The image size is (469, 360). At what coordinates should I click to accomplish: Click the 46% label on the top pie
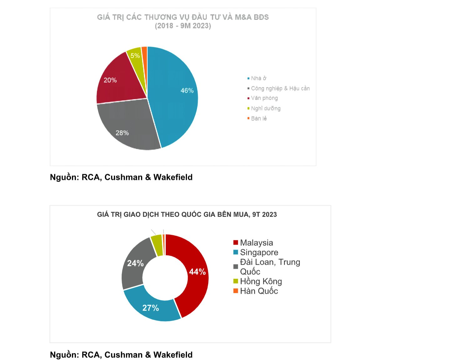pos(187,91)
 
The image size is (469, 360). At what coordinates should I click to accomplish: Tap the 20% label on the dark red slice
pos(110,80)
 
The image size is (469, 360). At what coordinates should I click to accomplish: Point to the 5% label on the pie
pos(135,56)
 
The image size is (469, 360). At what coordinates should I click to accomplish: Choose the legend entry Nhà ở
pos(258,78)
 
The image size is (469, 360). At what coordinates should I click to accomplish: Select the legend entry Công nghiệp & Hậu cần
pos(280,88)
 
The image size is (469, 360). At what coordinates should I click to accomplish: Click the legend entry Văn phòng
pos(264,98)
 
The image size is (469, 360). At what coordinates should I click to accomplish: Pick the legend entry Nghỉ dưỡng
pos(265,108)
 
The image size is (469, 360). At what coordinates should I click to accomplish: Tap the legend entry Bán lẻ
pos(259,118)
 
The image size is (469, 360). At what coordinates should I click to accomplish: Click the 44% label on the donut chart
pos(197,272)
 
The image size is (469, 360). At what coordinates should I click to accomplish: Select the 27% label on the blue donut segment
pos(151,308)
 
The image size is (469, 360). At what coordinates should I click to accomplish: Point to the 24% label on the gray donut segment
pos(135,263)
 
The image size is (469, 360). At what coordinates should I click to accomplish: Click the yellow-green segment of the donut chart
pos(157,245)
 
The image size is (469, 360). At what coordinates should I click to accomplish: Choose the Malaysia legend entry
pos(256,243)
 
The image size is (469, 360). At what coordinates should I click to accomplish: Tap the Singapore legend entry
pos(259,252)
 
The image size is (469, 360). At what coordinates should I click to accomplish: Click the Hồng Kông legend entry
pos(261,282)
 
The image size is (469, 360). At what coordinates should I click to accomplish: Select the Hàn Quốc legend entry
pos(259,291)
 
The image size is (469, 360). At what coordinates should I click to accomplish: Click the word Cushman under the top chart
pos(124,177)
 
